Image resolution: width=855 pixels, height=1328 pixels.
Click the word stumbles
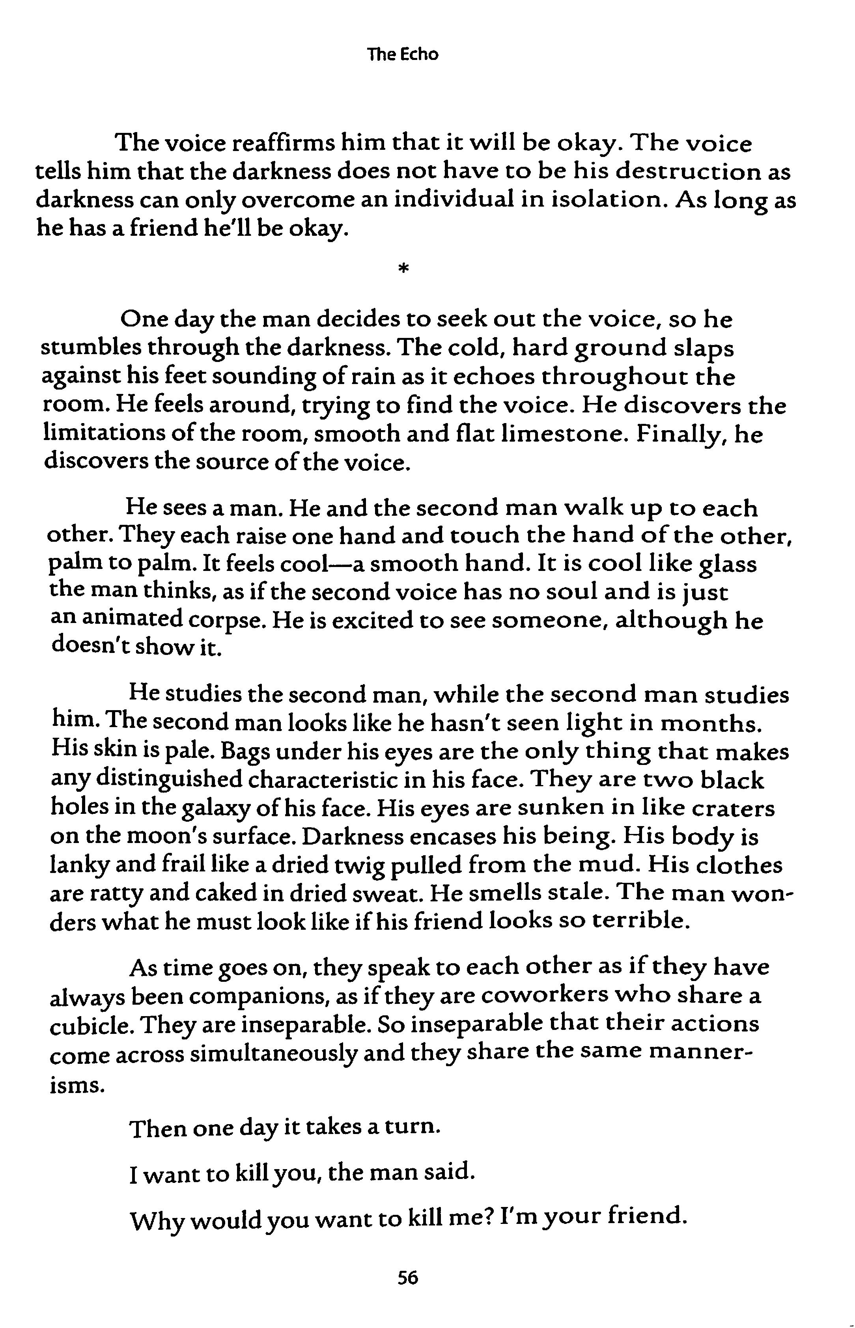click(90, 349)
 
